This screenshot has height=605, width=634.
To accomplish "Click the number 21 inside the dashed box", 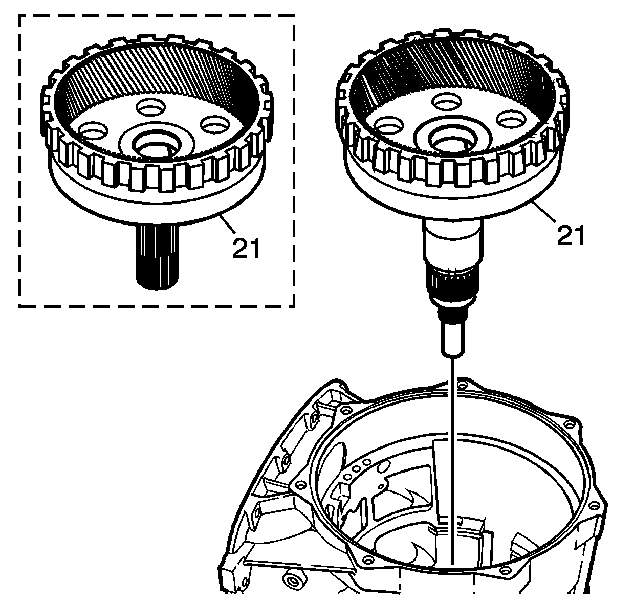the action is click(247, 248).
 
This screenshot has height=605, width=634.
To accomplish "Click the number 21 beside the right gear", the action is click(571, 235).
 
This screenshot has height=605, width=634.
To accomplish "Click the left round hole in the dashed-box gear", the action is click(93, 131).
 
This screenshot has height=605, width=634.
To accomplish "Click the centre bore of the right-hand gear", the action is click(453, 138).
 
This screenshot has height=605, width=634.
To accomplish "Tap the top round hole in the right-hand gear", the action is click(447, 101).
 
